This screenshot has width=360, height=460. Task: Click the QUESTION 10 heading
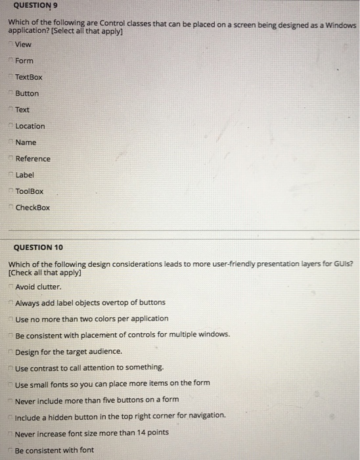coord(38,247)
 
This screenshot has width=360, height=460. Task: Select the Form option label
coord(24,60)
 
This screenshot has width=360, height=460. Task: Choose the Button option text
coord(27,93)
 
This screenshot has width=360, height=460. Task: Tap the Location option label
coord(30,126)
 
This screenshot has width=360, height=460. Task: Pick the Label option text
coord(25,175)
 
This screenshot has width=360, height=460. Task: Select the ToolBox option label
coord(30,191)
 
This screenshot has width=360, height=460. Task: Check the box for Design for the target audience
coord(11,351)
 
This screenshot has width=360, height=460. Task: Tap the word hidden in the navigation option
coord(62,415)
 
